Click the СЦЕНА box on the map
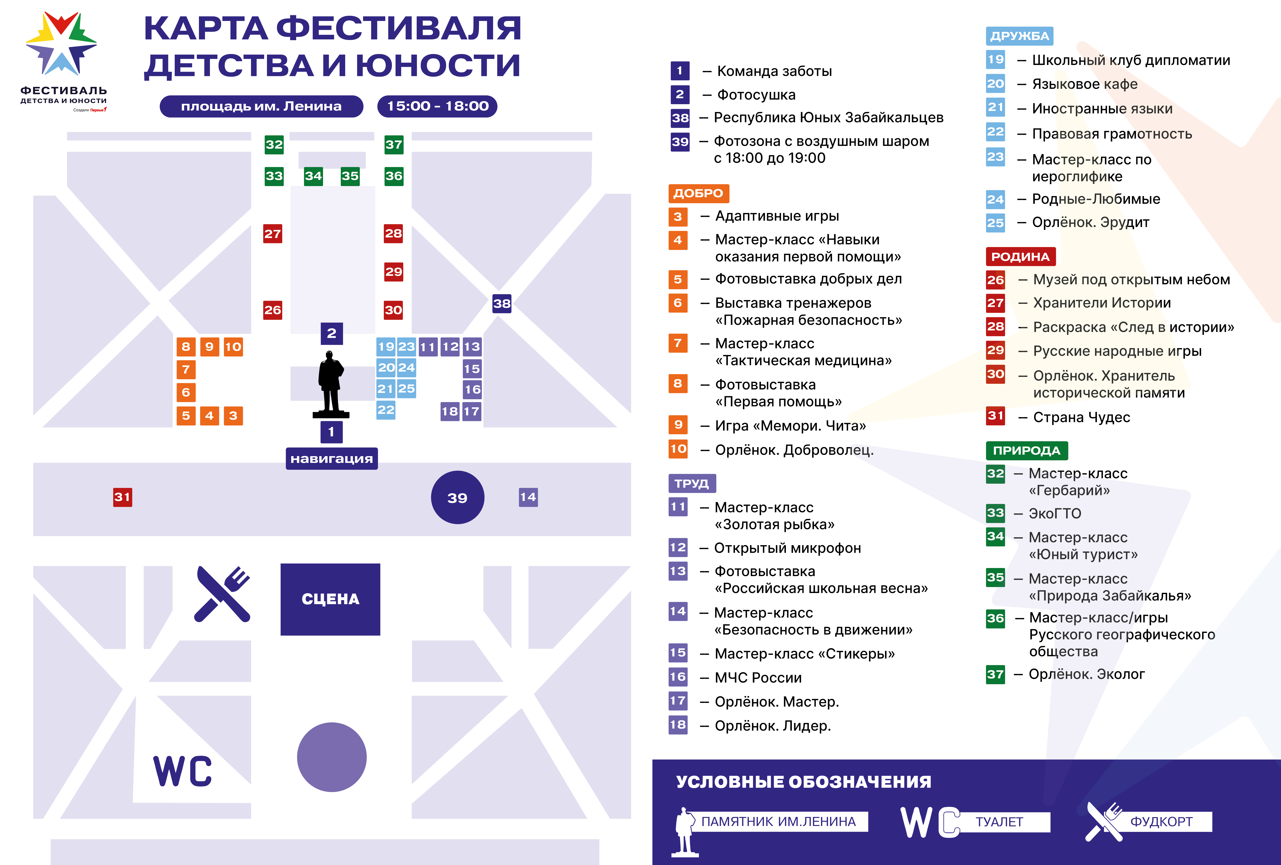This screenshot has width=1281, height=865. point(330,599)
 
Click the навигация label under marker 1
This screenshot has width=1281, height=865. point(331,459)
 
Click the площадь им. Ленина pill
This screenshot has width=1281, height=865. point(261,106)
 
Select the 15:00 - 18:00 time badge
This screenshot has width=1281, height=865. point(437,106)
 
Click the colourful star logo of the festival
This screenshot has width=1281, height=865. point(61,44)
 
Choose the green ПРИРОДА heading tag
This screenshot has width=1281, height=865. point(1026,450)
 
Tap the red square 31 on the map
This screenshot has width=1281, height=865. point(122,497)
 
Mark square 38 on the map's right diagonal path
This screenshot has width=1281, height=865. point(502,303)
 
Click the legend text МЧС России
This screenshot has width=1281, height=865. point(758,678)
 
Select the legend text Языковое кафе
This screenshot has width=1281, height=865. point(1084,84)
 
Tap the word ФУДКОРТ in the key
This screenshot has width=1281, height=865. point(1161,822)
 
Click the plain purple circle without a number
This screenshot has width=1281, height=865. point(332,757)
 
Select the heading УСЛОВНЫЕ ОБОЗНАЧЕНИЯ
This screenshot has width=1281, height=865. point(803,782)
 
